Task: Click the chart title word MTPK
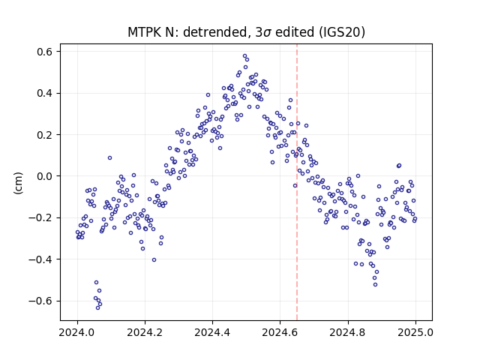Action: pyautogui.click(x=145, y=32)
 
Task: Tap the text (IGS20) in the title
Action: pyautogui.click(x=342, y=32)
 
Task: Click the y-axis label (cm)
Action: pyautogui.click(x=18, y=183)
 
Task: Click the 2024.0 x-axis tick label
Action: pyautogui.click(x=77, y=332)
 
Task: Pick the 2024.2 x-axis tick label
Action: pyautogui.click(x=145, y=332)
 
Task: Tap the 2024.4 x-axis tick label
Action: pyautogui.click(x=212, y=332)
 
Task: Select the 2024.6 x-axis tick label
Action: pyautogui.click(x=280, y=332)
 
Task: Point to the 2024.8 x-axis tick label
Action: pyautogui.click(x=348, y=332)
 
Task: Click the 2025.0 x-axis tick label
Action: pyautogui.click(x=415, y=332)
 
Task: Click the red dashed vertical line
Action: pyautogui.click(x=297, y=182)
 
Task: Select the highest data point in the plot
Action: pyautogui.click(x=245, y=56)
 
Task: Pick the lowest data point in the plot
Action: pyautogui.click(x=98, y=307)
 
